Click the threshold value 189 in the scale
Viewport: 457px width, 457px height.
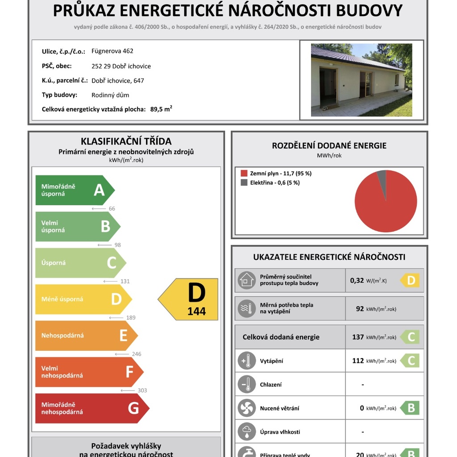(131, 318)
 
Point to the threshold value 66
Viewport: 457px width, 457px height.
(112, 208)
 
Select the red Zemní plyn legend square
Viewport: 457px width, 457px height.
(244, 173)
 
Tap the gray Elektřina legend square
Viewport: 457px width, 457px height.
(244, 183)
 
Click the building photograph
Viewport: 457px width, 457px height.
(361, 80)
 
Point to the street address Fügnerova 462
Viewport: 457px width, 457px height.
(112, 51)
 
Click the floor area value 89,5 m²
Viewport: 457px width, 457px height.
(161, 109)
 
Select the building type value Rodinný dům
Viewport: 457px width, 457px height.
(110, 95)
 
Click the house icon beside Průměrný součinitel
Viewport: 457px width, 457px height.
(246, 280)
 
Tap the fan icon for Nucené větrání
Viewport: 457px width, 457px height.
(246, 408)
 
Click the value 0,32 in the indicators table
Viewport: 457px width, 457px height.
(357, 281)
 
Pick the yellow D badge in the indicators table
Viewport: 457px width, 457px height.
(410, 281)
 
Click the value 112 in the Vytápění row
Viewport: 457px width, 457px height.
(358, 361)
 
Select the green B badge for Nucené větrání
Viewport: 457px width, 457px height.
(410, 408)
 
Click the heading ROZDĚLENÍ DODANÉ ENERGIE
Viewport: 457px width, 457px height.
(329, 145)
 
